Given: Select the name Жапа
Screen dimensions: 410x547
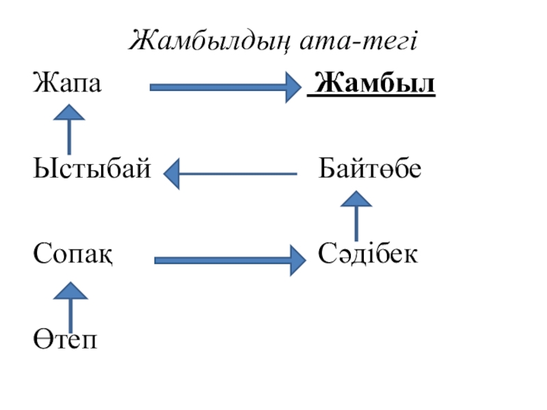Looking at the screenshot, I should pyautogui.click(x=67, y=85).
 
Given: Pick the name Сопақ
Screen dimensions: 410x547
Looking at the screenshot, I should pyautogui.click(x=73, y=255).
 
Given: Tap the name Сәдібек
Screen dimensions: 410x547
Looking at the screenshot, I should pyautogui.click(x=369, y=255).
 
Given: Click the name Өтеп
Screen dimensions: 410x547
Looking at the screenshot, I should pyautogui.click(x=66, y=338).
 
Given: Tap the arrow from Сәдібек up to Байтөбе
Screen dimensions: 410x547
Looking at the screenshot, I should pyautogui.click(x=356, y=215).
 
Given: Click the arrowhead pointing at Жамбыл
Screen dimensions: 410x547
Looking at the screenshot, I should pyautogui.click(x=295, y=87).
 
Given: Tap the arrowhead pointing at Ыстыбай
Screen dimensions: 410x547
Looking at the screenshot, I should pyautogui.click(x=172, y=174).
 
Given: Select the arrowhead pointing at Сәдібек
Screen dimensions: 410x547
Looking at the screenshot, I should pyautogui.click(x=297, y=260).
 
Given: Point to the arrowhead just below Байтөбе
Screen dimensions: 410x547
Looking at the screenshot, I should pyautogui.click(x=356, y=200).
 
